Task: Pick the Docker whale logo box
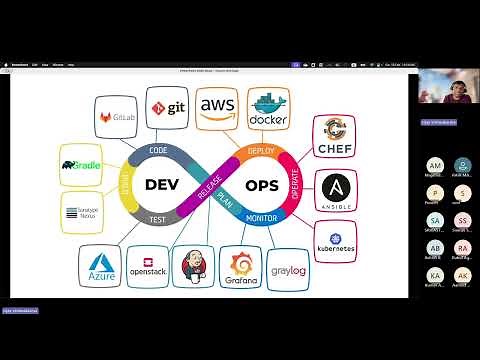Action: (x=268, y=109)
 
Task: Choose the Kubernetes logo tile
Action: (x=335, y=240)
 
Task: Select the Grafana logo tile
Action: (x=241, y=267)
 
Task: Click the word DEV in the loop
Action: (x=163, y=185)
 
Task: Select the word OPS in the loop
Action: (x=262, y=185)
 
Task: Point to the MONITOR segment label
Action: (x=260, y=217)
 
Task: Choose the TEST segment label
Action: (x=158, y=218)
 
